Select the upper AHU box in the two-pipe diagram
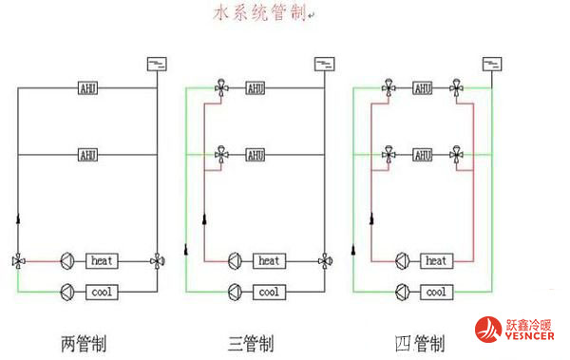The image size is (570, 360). click(x=88, y=88)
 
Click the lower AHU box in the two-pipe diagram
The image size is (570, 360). click(x=88, y=154)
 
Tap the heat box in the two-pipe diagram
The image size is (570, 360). click(x=102, y=259)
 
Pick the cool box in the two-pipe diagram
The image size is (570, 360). click(x=102, y=292)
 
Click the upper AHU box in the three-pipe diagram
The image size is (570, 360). click(x=256, y=88)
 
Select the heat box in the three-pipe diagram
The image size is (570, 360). click(x=269, y=259)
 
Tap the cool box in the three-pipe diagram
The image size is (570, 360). click(x=269, y=292)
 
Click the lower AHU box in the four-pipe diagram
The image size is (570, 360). click(x=423, y=154)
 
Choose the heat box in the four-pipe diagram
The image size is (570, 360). click(x=436, y=259)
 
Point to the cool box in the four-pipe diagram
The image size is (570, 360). click(x=436, y=292)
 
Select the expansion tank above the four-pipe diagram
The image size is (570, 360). click(x=491, y=65)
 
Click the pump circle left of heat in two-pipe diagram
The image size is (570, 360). click(x=67, y=259)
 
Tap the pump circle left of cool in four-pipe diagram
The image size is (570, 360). click(x=402, y=292)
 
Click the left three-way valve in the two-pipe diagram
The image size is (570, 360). click(x=18, y=259)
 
